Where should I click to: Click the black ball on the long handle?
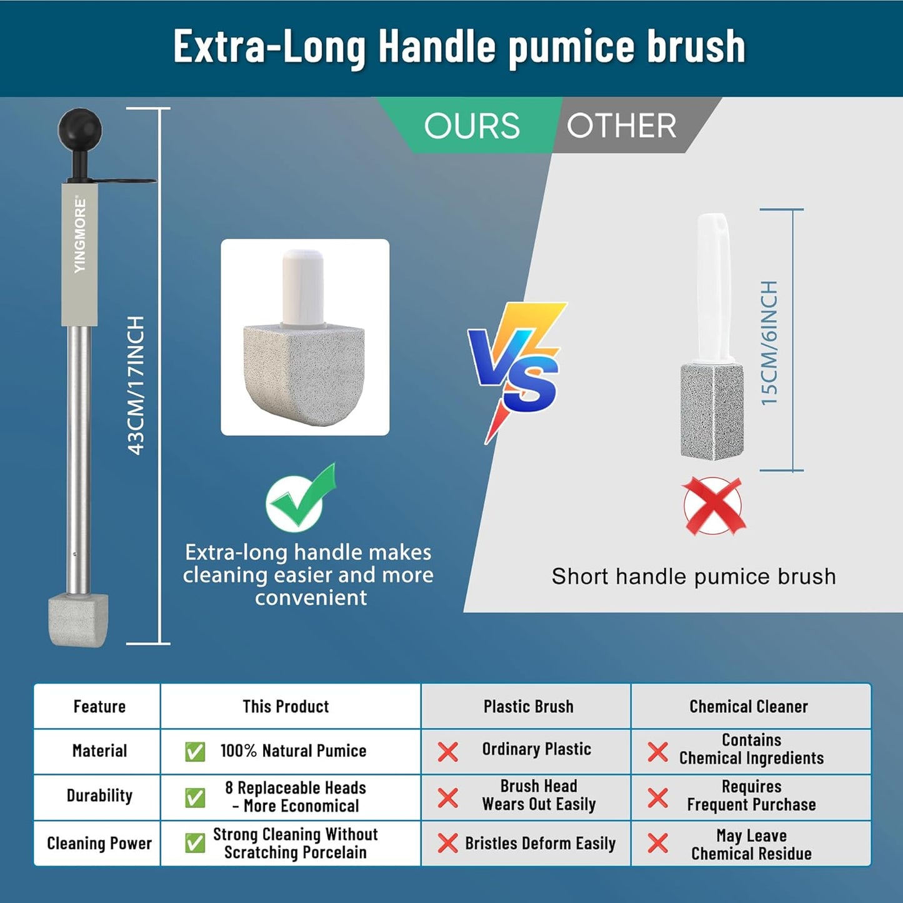(x=80, y=129)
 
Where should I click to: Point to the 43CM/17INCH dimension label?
(x=136, y=385)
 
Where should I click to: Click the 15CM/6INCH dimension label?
(x=769, y=342)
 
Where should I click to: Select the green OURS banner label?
(x=472, y=126)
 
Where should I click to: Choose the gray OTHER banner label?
(x=621, y=126)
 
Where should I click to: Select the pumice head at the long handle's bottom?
(x=79, y=620)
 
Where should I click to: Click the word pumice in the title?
(x=572, y=47)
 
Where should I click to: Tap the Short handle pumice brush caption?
(x=694, y=576)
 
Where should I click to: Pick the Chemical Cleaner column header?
(x=749, y=706)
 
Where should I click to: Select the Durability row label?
(x=99, y=796)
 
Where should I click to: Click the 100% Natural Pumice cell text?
(x=293, y=751)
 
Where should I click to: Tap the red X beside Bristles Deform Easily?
(x=447, y=843)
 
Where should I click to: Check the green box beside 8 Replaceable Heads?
(x=195, y=797)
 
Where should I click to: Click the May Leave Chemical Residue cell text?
(x=751, y=844)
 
